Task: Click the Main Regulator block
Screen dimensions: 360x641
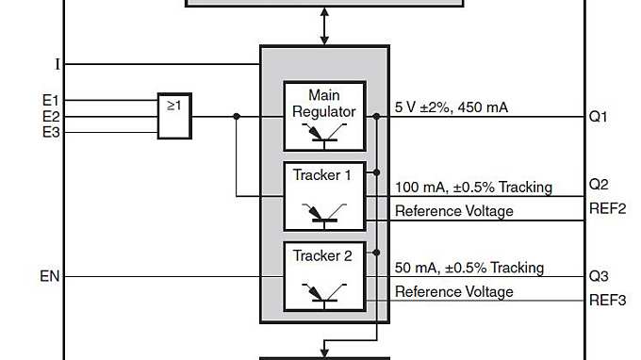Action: (x=324, y=116)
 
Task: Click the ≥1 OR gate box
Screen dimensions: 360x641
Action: (x=174, y=115)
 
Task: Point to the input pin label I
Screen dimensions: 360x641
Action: (x=58, y=64)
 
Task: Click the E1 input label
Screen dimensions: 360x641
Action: (x=50, y=100)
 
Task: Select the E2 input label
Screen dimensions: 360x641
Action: (x=50, y=116)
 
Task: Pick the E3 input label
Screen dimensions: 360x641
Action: (x=50, y=132)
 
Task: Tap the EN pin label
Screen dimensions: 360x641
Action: (x=50, y=277)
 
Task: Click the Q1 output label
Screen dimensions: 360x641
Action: (x=600, y=117)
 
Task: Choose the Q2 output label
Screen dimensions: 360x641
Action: (x=600, y=184)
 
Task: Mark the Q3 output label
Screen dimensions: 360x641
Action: (x=600, y=277)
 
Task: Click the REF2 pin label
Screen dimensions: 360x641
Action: (x=607, y=208)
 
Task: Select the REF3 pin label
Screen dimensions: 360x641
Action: (x=607, y=301)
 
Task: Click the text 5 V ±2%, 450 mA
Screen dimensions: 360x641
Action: (x=451, y=107)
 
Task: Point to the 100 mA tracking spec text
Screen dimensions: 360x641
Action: (x=473, y=188)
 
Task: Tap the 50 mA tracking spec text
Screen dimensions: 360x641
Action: (x=468, y=268)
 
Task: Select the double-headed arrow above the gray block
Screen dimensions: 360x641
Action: (x=325, y=26)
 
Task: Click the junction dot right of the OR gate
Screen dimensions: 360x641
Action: (x=236, y=117)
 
